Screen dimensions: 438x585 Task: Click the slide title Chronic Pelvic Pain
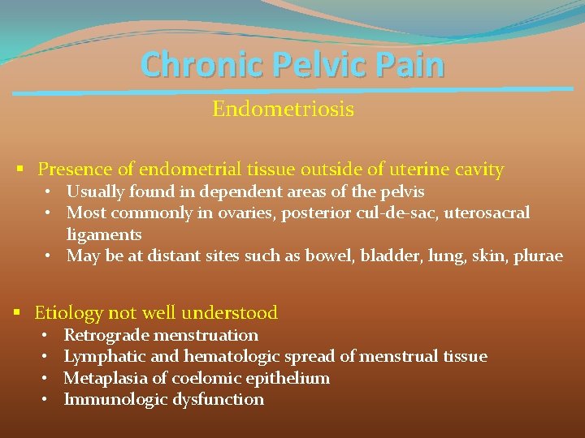pos(292,65)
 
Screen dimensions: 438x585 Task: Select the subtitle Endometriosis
pos(283,109)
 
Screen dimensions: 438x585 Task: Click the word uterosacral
pos(488,213)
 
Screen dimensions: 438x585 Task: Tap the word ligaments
pos(104,235)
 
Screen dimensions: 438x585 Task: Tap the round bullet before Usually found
pos(50,192)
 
